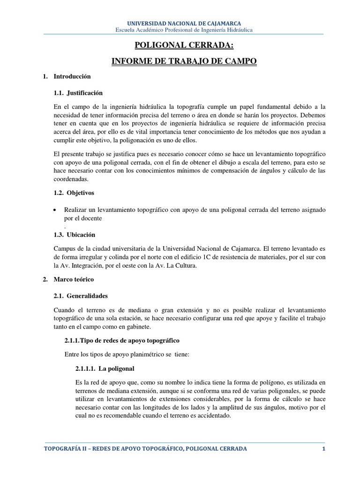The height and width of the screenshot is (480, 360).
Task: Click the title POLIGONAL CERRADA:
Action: (x=184, y=45)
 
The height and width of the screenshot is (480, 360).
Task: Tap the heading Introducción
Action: (x=72, y=76)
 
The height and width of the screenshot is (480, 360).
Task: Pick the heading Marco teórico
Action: (x=74, y=279)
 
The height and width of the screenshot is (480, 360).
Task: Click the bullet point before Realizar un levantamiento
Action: (x=56, y=210)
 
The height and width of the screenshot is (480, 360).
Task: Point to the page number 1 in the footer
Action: (x=323, y=449)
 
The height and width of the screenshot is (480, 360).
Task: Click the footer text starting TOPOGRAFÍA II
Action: (x=145, y=449)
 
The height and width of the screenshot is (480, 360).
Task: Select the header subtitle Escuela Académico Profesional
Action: (x=184, y=30)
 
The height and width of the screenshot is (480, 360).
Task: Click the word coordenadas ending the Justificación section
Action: (x=71, y=179)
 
